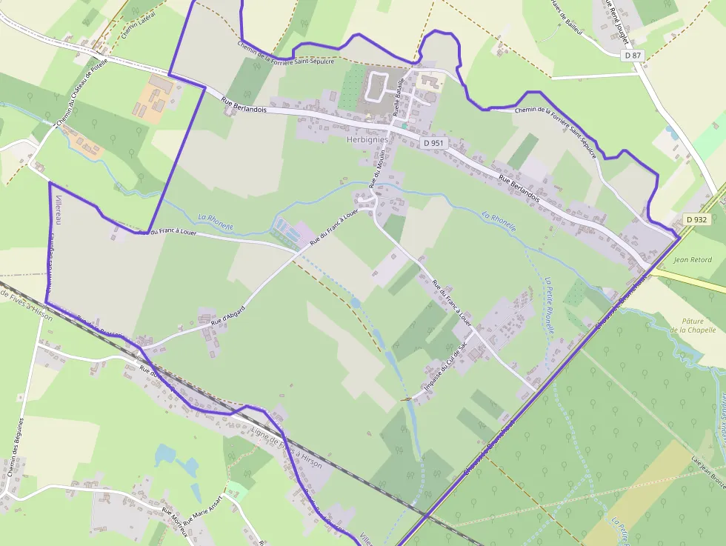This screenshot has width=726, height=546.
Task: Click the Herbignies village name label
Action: (367, 139)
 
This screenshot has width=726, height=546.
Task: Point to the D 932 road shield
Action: (696, 219)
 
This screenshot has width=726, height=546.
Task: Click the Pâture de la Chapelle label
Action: (691, 326)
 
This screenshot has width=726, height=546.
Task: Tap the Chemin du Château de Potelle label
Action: (82, 89)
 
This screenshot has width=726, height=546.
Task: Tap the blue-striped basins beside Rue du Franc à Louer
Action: (286, 230)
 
